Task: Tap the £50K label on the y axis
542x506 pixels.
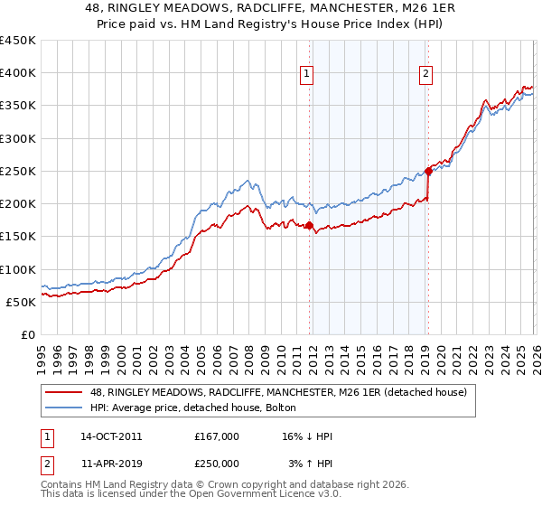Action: coord(21,302)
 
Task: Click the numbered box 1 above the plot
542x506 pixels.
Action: coord(308,75)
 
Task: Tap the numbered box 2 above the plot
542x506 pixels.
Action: coord(425,75)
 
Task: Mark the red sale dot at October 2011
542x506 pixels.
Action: coord(309,226)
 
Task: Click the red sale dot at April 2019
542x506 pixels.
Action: coord(428,171)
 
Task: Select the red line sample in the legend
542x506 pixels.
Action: coord(66,392)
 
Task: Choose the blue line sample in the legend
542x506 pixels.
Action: coord(66,408)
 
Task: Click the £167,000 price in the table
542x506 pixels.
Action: coord(217,436)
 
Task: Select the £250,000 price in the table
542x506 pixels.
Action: coord(217,464)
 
